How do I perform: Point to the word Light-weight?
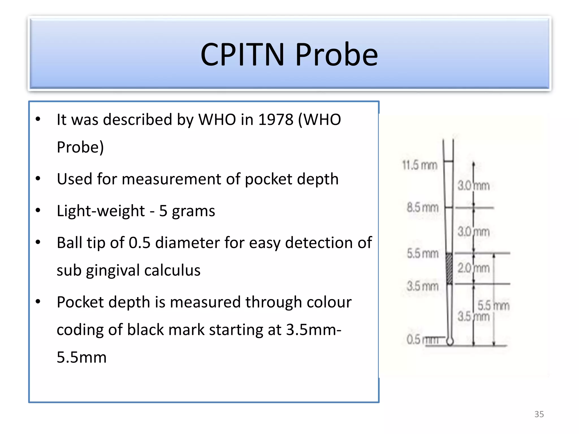pyautogui.click(x=101, y=211)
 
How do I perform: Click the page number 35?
pyautogui.click(x=539, y=414)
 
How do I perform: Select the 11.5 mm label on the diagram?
pyautogui.click(x=420, y=165)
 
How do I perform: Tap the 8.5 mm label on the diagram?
pyautogui.click(x=422, y=208)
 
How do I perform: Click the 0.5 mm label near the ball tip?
pyautogui.click(x=422, y=339)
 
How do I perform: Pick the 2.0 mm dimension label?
pyautogui.click(x=473, y=268)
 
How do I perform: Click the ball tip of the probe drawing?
pyautogui.click(x=450, y=341)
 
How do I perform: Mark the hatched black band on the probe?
pyautogui.click(x=449, y=268)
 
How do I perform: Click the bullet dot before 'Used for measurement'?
pyautogui.click(x=38, y=179)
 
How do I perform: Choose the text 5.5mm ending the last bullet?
pyautogui.click(x=81, y=357)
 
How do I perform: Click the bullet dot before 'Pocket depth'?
pyautogui.click(x=38, y=302)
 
